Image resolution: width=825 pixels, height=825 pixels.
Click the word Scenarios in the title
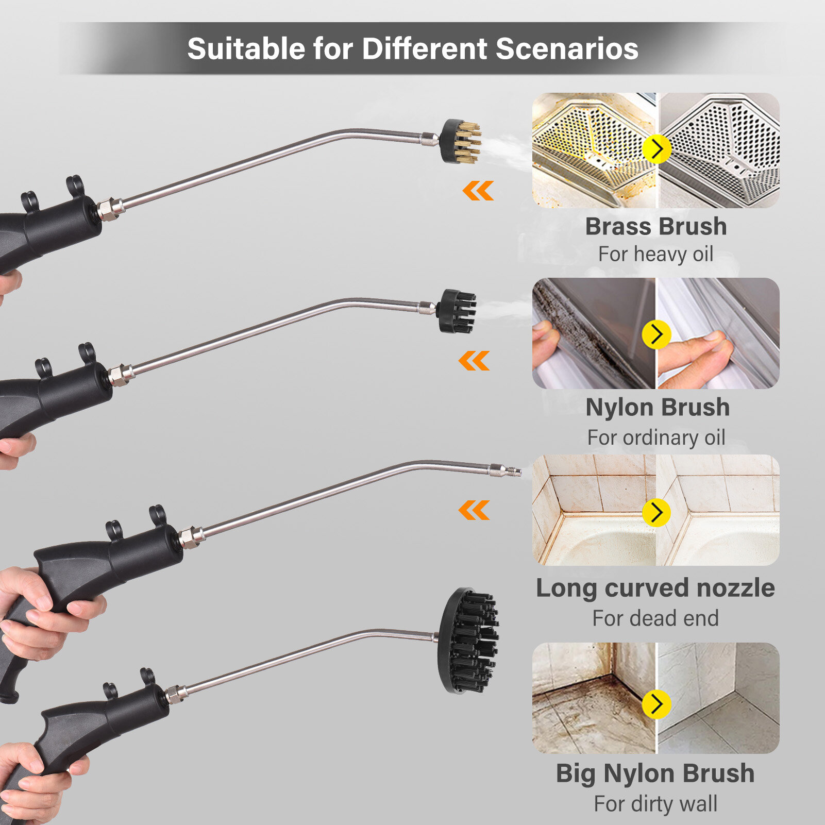coord(567,49)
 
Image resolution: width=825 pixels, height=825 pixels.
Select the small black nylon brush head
coord(457,310)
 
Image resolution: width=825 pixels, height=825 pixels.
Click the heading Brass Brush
coord(656,227)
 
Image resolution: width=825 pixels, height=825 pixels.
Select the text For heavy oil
coord(655,254)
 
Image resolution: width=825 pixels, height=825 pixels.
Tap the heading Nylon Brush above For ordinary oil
coord(658,407)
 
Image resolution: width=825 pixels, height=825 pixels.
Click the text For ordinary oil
coord(656,437)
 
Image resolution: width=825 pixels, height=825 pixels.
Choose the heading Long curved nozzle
coord(655,588)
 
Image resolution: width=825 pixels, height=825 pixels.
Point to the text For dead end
coord(655,618)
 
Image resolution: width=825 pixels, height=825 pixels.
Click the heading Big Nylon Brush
coord(655,773)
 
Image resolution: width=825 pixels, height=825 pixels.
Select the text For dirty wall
coord(655,803)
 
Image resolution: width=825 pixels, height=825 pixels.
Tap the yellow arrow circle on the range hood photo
coord(657,149)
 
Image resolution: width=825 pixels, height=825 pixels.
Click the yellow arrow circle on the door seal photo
coord(656,334)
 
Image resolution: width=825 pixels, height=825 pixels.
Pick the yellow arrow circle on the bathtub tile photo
coord(656,512)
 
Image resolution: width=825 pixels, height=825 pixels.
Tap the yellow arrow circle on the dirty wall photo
coord(656,704)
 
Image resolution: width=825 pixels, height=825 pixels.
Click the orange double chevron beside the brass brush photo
coord(478,191)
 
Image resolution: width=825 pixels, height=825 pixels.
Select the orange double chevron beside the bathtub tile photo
coord(474,510)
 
